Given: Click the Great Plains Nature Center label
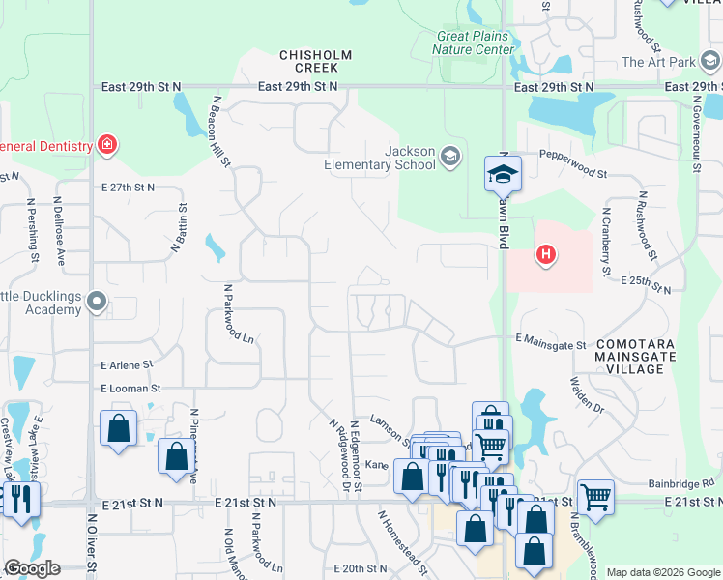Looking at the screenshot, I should (x=473, y=43).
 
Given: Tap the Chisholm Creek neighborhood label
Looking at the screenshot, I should (x=308, y=61).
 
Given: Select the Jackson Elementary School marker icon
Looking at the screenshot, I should (x=449, y=156).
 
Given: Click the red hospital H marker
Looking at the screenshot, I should (x=546, y=255).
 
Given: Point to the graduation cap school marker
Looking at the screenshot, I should (x=503, y=173).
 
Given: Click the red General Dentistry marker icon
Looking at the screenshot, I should (x=107, y=146).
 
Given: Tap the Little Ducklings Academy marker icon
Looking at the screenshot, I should (x=96, y=303).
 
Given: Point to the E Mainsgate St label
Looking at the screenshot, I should (x=551, y=342).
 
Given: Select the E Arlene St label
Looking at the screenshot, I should (x=127, y=365).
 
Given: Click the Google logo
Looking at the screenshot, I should (x=31, y=568).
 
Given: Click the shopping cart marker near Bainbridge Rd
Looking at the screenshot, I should (x=595, y=497).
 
